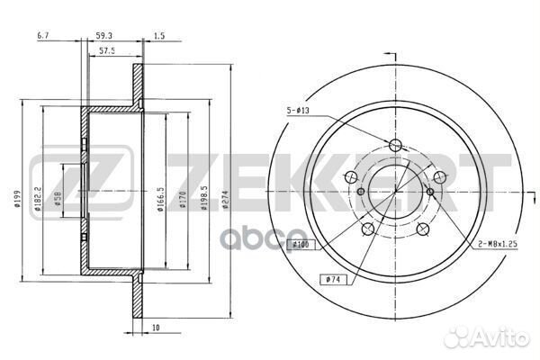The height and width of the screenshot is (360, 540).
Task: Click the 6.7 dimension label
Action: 43,35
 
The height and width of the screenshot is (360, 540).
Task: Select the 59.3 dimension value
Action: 103,35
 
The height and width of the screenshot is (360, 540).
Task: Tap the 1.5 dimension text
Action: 158,35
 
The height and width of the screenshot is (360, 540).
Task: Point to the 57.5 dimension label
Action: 107,50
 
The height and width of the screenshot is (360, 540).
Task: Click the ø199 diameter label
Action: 17,198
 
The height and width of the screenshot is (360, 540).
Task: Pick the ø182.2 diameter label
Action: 38,198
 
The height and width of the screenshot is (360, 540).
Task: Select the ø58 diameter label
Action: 58,199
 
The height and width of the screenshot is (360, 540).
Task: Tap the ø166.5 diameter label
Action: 160,199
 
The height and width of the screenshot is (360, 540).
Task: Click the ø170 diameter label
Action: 182,199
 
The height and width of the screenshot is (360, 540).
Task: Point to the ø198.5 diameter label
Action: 204,198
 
